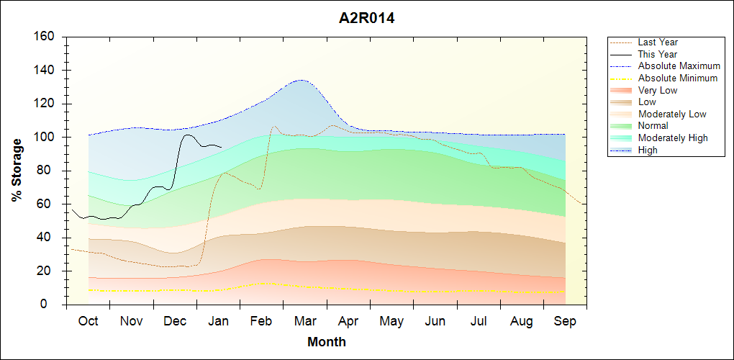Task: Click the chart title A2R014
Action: [366, 19]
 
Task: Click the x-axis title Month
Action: [327, 342]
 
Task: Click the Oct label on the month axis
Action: [88, 321]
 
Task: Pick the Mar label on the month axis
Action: [305, 321]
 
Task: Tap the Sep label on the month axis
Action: [565, 321]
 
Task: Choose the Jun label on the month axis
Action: [435, 321]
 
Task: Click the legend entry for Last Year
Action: [658, 42]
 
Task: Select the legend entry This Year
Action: [658, 54]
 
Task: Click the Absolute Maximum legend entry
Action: [679, 66]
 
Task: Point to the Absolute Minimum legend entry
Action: [678, 78]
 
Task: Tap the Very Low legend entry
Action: [658, 90]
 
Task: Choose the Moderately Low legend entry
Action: [672, 114]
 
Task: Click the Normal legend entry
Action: [653, 126]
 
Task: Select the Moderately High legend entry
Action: [673, 138]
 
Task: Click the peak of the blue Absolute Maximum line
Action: [301, 80]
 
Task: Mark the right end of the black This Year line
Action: [221, 147]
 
